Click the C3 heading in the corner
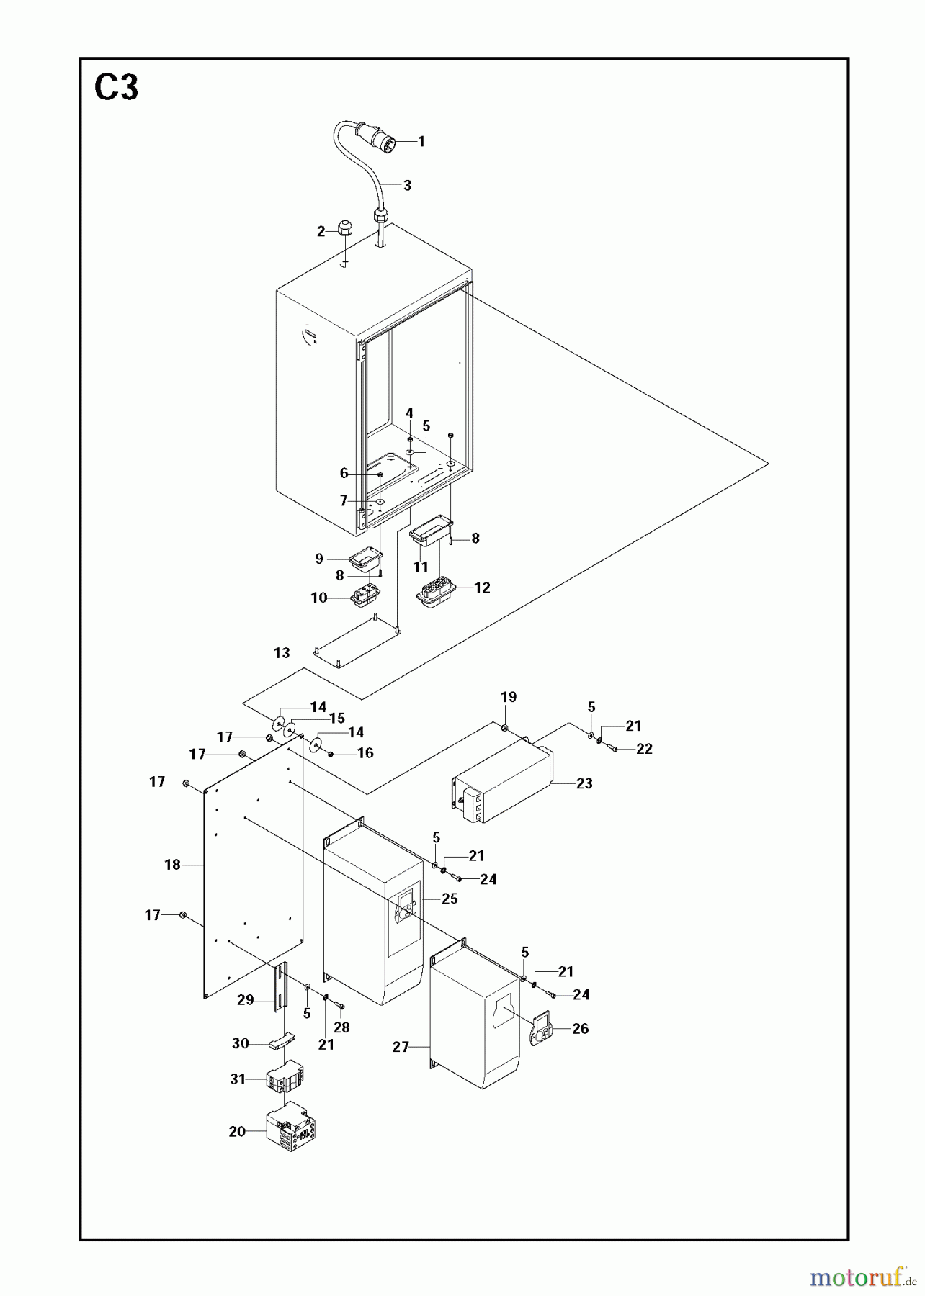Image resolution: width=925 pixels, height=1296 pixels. [116, 89]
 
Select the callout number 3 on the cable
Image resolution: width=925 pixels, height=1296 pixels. [407, 185]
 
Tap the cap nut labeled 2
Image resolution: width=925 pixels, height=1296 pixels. [344, 230]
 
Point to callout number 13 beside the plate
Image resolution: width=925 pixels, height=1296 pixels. [282, 653]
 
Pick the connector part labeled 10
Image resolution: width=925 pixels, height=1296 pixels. [364, 598]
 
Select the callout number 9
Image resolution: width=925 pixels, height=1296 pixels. [319, 559]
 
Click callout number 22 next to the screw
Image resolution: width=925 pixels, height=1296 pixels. [644, 749]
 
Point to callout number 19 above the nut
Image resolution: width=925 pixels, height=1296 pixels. [509, 697]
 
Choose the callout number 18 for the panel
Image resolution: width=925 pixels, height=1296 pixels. [172, 864]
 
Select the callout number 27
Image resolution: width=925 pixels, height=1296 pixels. [401, 1048]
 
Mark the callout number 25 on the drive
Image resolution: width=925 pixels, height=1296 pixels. [450, 899]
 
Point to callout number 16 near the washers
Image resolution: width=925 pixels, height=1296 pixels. [365, 753]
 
